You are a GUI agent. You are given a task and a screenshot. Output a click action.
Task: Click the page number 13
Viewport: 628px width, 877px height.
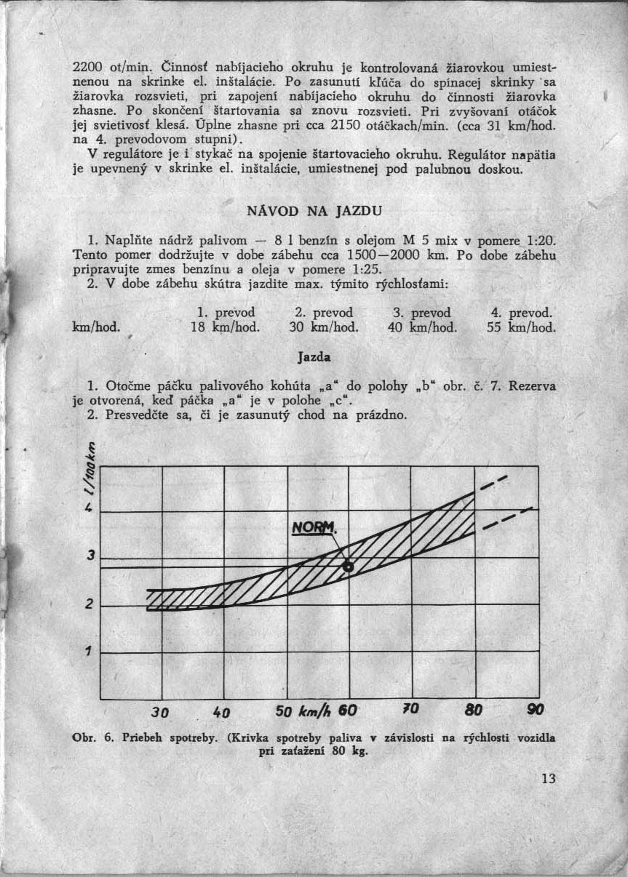548,779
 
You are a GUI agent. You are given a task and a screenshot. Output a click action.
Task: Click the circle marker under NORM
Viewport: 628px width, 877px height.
348,566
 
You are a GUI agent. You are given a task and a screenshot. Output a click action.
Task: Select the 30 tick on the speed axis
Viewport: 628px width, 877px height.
161,710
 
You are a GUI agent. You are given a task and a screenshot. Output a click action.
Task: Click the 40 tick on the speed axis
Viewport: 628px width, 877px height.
222,710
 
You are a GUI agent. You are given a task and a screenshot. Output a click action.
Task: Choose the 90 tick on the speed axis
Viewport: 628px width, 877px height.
535,709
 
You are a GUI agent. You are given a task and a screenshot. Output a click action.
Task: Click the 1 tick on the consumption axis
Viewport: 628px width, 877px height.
87,652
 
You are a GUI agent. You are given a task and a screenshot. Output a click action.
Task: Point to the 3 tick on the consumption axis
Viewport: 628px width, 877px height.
90,556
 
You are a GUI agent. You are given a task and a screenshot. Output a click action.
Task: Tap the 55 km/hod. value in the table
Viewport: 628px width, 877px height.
520,327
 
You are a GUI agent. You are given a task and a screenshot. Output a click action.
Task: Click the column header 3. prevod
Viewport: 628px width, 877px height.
421,313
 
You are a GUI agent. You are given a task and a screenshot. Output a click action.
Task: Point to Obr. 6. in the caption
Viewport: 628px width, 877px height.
91,737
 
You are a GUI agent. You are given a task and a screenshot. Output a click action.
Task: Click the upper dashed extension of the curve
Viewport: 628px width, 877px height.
492,484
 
